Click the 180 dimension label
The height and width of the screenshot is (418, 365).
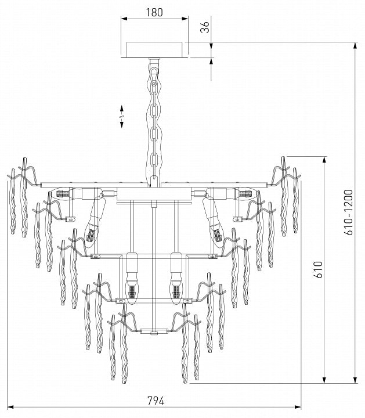(x=154, y=12)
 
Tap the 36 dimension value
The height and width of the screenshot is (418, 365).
(x=205, y=27)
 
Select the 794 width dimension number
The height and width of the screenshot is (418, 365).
(x=156, y=401)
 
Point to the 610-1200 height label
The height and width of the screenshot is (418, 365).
(x=348, y=212)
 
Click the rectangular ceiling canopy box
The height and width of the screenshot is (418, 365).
(x=154, y=49)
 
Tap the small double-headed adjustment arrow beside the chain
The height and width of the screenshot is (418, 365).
(x=122, y=117)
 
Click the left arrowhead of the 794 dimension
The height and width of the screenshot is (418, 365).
(x=10, y=407)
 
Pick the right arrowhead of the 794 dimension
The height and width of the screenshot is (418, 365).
(x=298, y=407)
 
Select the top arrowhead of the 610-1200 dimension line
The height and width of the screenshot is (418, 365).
(x=355, y=46)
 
